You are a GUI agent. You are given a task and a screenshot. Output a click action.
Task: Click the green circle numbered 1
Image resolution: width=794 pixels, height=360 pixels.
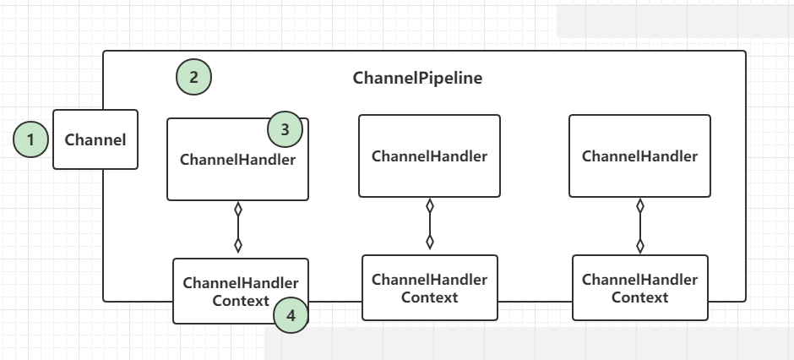click(31, 139)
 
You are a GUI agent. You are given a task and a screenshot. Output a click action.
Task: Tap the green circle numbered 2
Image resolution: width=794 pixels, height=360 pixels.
click(194, 78)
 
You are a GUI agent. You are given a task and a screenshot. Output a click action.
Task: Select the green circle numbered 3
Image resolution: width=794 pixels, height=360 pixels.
click(286, 129)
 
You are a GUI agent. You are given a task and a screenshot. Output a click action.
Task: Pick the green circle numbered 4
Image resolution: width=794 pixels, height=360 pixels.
click(291, 315)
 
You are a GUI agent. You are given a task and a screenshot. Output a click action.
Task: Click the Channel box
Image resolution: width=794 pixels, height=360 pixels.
click(95, 139)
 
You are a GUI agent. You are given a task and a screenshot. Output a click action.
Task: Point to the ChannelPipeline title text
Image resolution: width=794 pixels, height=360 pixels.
click(418, 78)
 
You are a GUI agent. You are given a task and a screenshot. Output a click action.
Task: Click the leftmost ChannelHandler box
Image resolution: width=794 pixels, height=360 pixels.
click(237, 160)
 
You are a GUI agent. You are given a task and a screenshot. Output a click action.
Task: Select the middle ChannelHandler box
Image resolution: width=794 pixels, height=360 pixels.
click(429, 156)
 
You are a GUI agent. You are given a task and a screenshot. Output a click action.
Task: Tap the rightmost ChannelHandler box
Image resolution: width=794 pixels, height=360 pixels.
click(639, 156)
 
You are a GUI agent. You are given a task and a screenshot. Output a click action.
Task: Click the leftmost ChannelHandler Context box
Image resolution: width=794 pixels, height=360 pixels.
click(241, 292)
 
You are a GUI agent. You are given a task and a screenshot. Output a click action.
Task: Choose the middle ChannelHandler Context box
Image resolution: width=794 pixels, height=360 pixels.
click(430, 287)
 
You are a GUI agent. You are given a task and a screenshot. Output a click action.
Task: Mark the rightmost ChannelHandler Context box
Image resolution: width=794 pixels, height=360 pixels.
click(640, 287)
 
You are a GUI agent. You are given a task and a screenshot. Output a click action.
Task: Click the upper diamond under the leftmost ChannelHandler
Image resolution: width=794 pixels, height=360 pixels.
click(238, 209)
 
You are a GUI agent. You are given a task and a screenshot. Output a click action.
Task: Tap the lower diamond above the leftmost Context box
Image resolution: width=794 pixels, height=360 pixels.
click(238, 245)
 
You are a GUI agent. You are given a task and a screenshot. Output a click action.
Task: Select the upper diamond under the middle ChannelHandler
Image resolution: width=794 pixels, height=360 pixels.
click(430, 205)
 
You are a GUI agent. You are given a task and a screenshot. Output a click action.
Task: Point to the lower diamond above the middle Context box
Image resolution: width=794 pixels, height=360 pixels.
click(430, 242)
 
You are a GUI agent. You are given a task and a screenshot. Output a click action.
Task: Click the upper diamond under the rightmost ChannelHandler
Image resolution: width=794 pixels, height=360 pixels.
click(640, 205)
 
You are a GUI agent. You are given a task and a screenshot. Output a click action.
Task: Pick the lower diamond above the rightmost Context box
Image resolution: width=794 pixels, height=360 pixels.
click(640, 246)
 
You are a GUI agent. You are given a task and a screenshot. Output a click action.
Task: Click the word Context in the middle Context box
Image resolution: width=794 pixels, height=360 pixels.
click(429, 297)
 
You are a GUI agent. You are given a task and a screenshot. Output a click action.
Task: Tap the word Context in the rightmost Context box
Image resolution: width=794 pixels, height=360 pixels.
click(639, 297)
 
